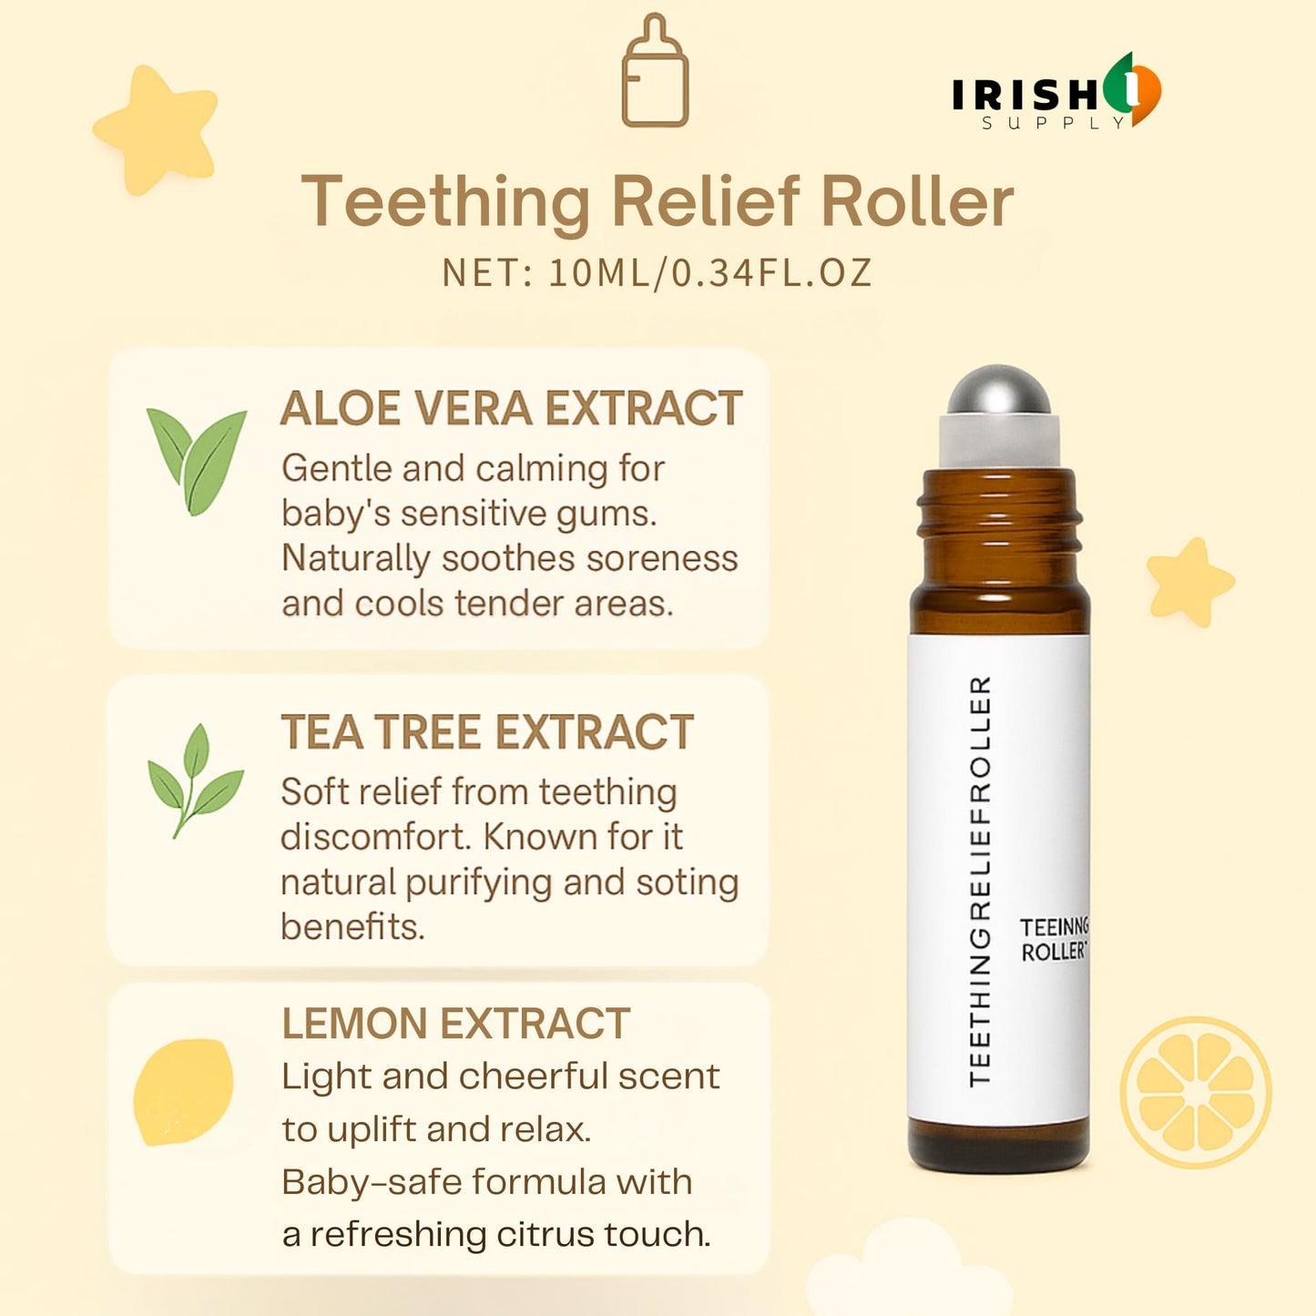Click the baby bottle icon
tap(654, 70)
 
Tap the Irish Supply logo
tap(1056, 91)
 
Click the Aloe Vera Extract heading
tap(511, 408)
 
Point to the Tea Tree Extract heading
tap(487, 732)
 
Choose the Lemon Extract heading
tap(456, 1024)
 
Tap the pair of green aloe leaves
tap(197, 462)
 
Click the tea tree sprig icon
tap(195, 780)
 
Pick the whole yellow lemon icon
tap(183, 1092)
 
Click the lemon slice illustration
tap(1196, 1092)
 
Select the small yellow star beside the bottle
tap(1189, 582)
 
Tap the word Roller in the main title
tap(917, 202)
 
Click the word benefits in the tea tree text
tap(353, 927)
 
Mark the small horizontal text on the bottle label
tap(1054, 940)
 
